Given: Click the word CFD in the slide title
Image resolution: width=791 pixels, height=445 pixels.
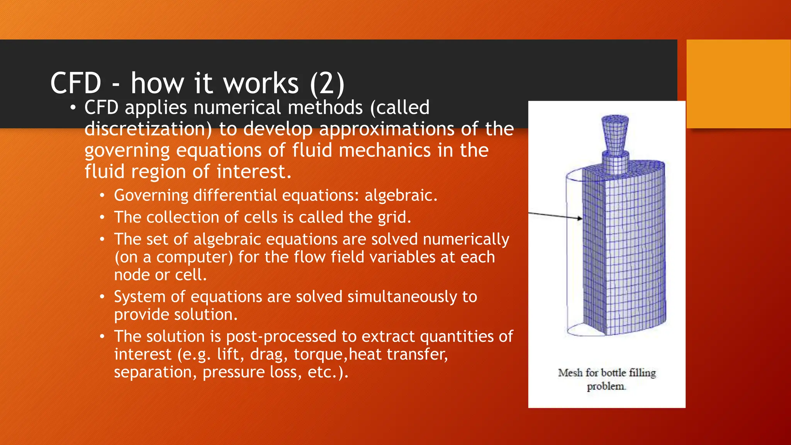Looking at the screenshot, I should point(76,83).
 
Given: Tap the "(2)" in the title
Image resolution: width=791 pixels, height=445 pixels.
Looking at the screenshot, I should point(327,83).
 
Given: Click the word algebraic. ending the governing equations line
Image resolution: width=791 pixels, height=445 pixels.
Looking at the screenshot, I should point(401,195).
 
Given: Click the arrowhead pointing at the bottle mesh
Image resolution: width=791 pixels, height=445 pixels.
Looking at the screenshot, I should point(580,218).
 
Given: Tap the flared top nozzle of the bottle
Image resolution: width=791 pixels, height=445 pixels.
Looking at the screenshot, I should point(615,134).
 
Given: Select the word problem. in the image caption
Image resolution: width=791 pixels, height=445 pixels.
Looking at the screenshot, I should point(606,386).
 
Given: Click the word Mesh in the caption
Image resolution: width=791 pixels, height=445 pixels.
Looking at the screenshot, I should point(570,373).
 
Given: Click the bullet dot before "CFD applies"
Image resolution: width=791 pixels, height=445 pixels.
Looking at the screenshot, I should point(73,108).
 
